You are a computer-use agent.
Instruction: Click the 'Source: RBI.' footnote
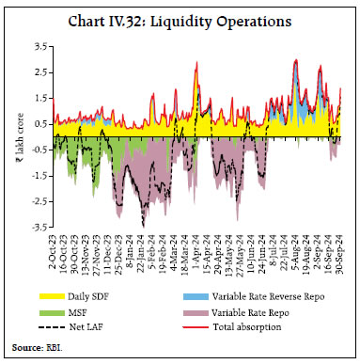click(x=37, y=350)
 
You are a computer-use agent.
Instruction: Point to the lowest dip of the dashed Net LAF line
click(x=143, y=224)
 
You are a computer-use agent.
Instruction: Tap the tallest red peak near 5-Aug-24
click(x=296, y=59)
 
